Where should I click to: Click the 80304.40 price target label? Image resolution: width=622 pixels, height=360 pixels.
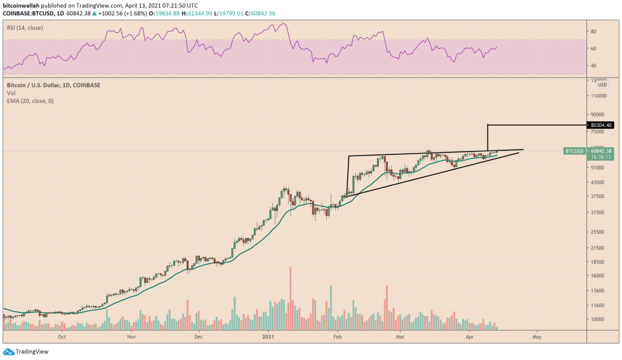click(600, 125)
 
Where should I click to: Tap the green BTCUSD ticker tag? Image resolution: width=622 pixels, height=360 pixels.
click(574, 151)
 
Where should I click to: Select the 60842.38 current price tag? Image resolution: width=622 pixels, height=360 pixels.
click(600, 151)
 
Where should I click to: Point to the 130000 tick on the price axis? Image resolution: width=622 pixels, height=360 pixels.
click(599, 81)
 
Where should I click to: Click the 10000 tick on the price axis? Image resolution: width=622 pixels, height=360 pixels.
click(598, 319)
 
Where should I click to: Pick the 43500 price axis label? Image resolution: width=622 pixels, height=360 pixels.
click(598, 182)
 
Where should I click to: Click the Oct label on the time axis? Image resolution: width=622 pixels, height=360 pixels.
click(62, 337)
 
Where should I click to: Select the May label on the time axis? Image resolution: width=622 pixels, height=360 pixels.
click(536, 337)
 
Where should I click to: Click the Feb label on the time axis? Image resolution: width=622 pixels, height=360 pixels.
click(338, 337)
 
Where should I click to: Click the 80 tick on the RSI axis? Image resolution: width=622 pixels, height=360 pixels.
click(593, 31)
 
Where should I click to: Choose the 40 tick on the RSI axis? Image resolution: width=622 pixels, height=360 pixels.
click(593, 66)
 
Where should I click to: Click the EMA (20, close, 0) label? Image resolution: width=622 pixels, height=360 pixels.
click(30, 100)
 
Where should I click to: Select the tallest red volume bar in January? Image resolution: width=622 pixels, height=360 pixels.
click(290, 298)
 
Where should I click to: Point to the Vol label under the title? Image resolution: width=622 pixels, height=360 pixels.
click(10, 93)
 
